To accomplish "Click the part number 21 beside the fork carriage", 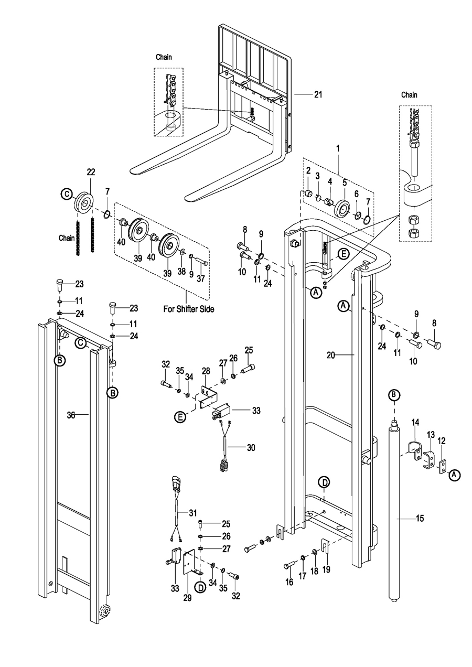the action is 318,95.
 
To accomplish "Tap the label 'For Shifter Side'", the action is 188,309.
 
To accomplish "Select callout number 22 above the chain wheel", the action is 91,172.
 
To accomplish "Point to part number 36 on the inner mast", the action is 71,415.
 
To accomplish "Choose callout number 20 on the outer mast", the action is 331,355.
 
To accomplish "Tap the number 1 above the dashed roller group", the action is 338,148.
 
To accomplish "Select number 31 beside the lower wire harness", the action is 193,513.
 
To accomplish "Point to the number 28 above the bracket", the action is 206,371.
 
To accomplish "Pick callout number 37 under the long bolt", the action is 201,278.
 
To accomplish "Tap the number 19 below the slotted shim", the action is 326,569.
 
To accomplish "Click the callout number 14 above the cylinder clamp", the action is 415,422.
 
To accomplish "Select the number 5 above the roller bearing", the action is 345,183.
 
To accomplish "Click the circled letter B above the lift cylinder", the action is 394,395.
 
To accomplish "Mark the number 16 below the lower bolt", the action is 289,582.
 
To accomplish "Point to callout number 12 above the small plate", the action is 442,440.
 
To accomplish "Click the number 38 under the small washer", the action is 181,271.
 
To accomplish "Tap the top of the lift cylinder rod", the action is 394,419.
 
